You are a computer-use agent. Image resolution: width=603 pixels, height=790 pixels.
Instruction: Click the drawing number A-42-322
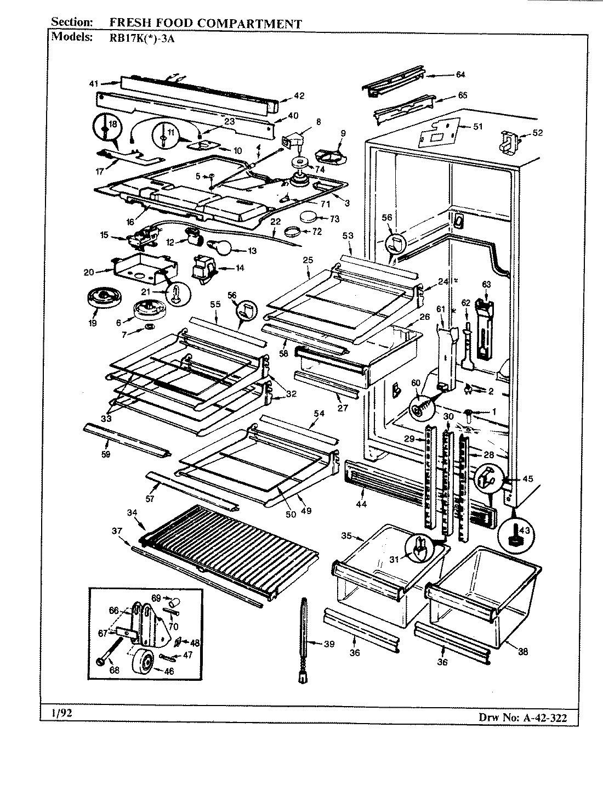pos(543,717)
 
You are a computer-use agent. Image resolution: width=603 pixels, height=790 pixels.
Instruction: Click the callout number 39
pos(328,644)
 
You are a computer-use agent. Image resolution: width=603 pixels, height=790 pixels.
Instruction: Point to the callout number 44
pos(361,503)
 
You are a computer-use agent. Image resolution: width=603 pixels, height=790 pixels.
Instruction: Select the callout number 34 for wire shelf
pos(132,512)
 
